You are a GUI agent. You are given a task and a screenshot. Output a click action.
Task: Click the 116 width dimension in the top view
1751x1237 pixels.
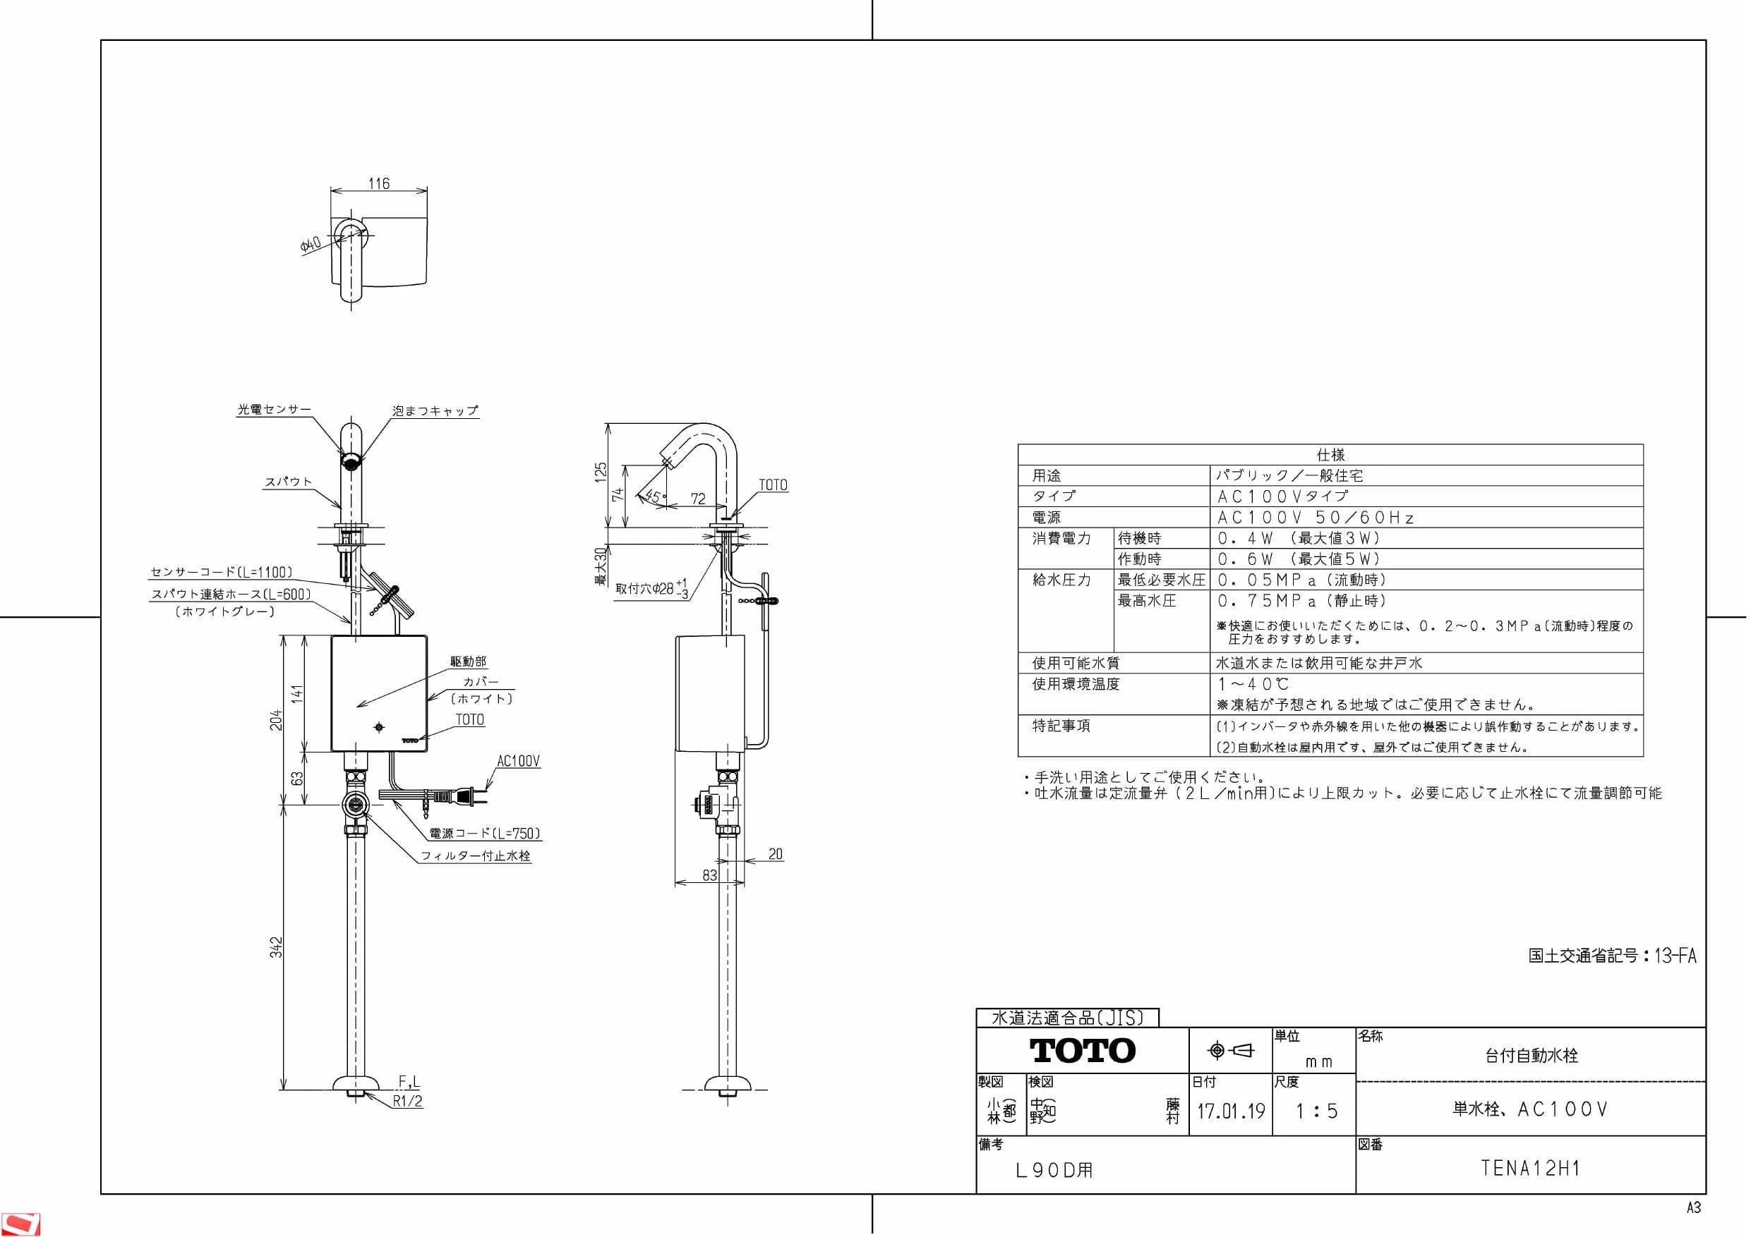pos(378,183)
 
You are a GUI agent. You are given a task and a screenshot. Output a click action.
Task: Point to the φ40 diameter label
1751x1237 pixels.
pos(311,245)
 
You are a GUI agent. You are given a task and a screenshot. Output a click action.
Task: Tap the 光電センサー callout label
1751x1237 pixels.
pos(275,409)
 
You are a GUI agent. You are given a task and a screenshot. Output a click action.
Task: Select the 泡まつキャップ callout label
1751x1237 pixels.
pos(435,410)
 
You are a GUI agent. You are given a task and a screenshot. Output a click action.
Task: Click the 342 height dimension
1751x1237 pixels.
pos(276,947)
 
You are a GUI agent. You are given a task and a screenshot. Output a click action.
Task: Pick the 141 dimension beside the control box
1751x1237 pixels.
pos(297,693)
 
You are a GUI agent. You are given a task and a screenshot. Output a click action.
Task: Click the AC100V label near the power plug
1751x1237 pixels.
pos(519,761)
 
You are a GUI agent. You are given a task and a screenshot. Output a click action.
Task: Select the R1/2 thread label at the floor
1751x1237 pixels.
pos(408,1101)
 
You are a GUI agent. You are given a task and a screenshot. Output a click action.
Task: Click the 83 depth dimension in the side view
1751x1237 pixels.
pos(709,875)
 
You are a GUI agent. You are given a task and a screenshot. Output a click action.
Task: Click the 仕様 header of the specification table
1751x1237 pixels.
pos(1330,455)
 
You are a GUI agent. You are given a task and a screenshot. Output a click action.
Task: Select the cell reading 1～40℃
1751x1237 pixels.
pos(1253,683)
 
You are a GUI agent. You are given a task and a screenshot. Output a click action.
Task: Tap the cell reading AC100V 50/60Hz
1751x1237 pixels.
pos(1316,518)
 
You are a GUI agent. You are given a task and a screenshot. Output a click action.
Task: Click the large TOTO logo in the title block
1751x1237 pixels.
pos(1083,1051)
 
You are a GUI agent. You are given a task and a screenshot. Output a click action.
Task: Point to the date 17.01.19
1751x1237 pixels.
pos(1232,1111)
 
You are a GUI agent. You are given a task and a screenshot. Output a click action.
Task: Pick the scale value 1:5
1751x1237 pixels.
pos(1317,1111)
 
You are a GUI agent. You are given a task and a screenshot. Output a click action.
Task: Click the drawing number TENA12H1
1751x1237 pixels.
pos(1531,1168)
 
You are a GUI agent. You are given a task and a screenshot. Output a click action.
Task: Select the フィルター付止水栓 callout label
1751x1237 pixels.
pos(476,856)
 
